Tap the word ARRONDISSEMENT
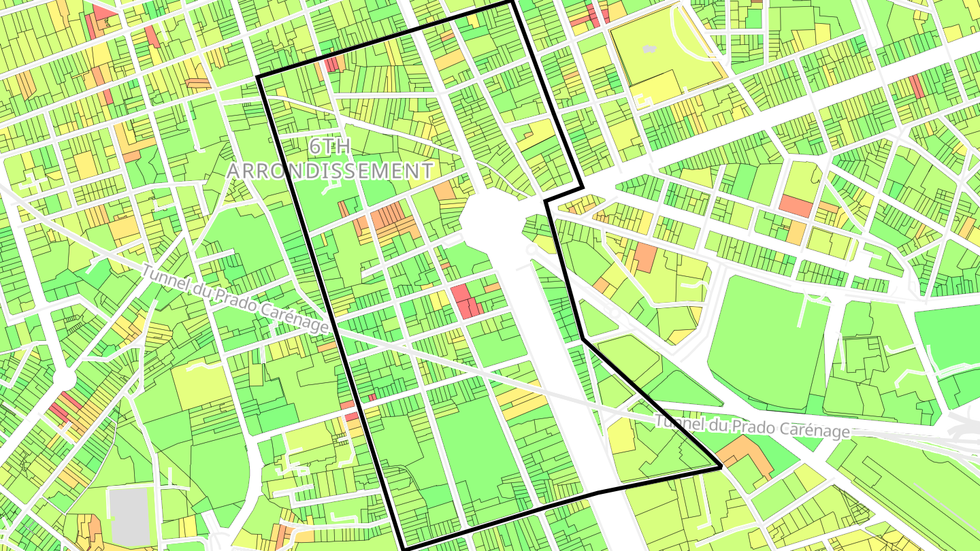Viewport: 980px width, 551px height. click(329, 171)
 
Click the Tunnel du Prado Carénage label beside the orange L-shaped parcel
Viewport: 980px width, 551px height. click(752, 427)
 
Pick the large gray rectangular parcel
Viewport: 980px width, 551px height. click(129, 516)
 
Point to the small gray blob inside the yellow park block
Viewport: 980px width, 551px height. click(649, 49)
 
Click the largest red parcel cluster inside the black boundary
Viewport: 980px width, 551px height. click(465, 301)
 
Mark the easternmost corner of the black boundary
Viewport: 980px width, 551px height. click(720, 468)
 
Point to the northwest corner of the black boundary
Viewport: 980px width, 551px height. click(259, 77)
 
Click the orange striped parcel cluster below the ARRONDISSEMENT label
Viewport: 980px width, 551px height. click(395, 221)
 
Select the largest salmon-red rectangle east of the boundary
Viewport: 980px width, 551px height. click(795, 205)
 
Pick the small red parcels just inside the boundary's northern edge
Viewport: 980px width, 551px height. click(333, 65)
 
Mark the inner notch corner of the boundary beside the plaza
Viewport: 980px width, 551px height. click(546, 201)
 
